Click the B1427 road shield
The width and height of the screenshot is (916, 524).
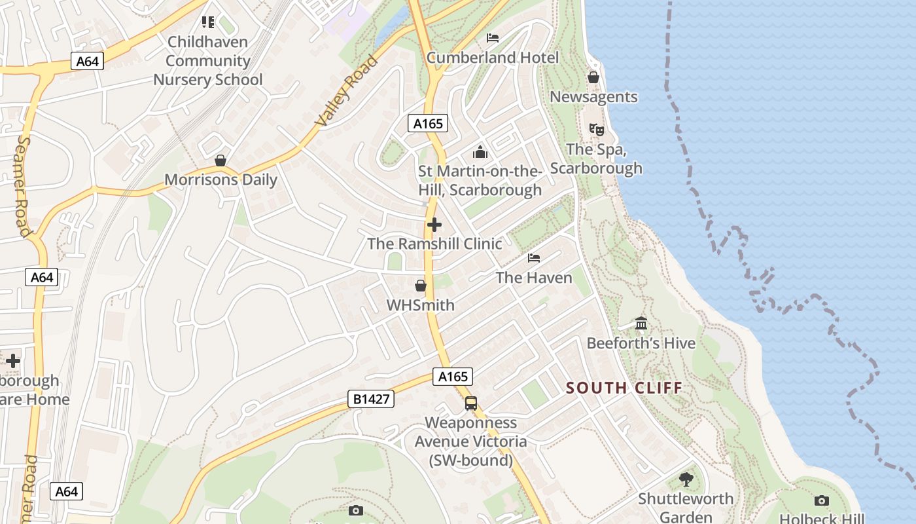click(371, 399)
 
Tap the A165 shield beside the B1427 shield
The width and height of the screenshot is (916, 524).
click(453, 377)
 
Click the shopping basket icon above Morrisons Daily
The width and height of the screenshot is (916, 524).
click(220, 160)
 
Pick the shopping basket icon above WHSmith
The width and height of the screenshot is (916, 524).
click(421, 286)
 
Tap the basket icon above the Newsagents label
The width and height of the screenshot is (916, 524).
click(593, 77)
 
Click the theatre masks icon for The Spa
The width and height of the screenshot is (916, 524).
click(596, 130)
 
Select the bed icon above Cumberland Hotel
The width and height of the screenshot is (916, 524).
click(493, 38)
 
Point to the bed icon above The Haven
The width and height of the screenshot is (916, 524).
click(534, 257)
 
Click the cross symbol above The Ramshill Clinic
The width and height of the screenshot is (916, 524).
click(434, 225)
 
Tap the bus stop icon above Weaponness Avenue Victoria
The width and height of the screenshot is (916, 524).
click(471, 403)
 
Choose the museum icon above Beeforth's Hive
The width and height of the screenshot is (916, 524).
click(641, 324)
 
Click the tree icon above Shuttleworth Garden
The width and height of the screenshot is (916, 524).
click(686, 479)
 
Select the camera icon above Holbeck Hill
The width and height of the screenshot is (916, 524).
click(822, 501)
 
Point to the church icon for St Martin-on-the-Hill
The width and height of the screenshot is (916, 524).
click(480, 152)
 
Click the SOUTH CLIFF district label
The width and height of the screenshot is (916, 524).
click(624, 388)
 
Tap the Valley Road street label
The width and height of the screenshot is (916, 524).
click(347, 91)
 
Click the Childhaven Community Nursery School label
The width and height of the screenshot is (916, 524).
click(208, 61)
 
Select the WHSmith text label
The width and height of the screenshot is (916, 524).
click(421, 305)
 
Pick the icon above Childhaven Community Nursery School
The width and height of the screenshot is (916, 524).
click(208, 23)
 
